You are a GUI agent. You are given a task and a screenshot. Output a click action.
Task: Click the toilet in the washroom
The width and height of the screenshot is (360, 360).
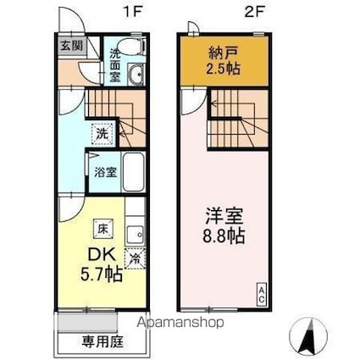tap(128, 47)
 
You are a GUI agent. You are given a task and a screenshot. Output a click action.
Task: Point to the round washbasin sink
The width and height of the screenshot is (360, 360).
tap(138, 75)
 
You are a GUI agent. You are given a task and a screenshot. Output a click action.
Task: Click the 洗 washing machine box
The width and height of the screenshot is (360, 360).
tap(102, 132)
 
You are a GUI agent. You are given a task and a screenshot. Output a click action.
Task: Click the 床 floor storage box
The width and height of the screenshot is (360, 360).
tap(102, 227)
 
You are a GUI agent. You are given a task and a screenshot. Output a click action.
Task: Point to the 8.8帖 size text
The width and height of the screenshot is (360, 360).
tap(223, 236)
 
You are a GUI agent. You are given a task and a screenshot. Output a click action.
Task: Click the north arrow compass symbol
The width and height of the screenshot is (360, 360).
tap(306, 336)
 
